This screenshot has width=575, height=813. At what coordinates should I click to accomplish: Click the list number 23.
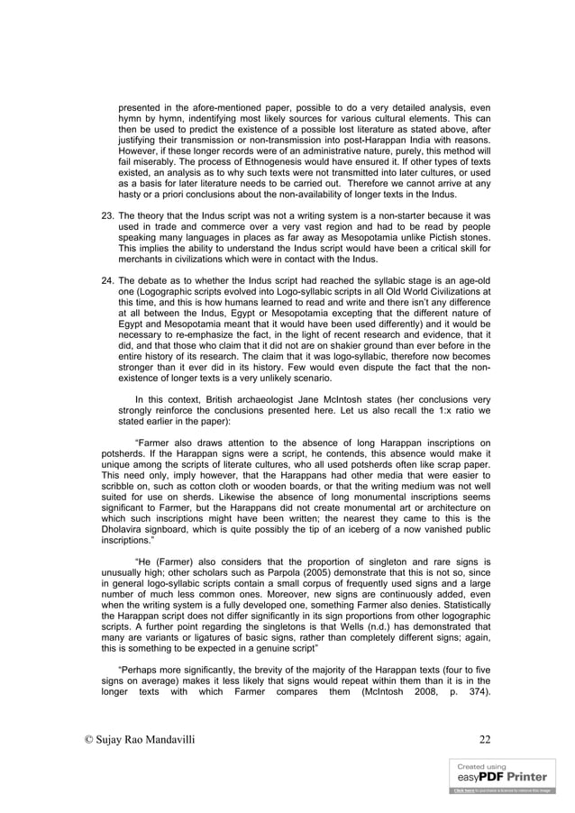(x=105, y=216)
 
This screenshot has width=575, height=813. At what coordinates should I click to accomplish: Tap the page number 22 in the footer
(x=485, y=740)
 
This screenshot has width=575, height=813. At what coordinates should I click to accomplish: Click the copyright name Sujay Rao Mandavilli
(x=143, y=740)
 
